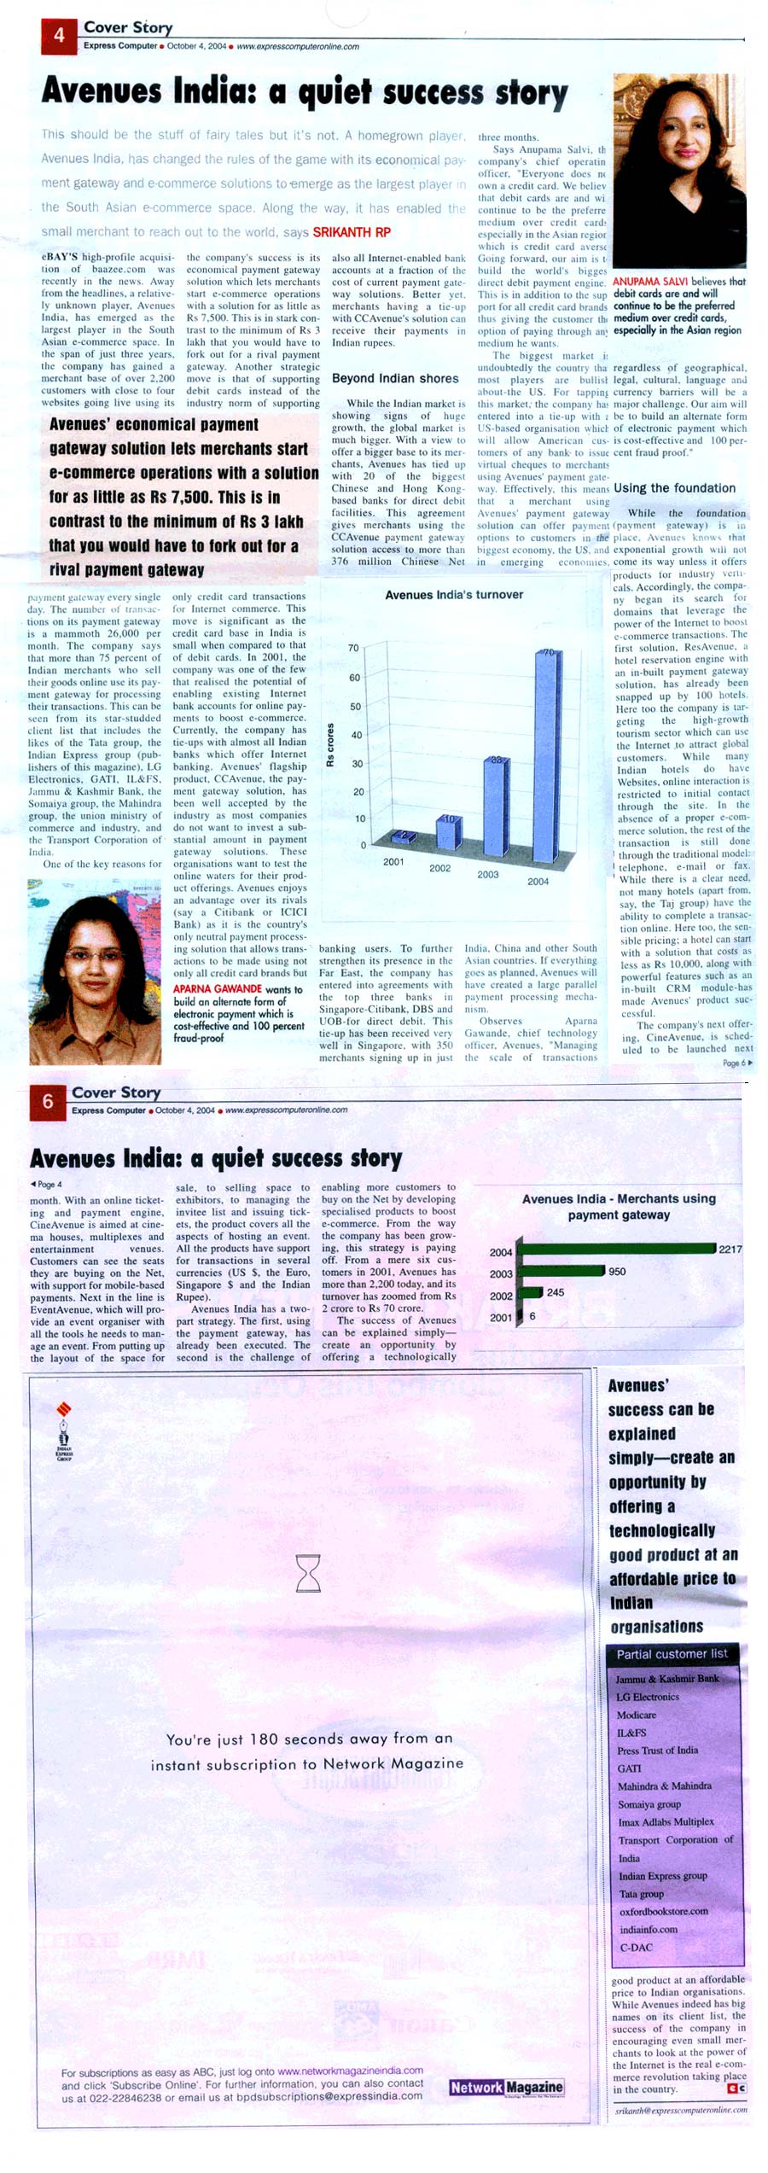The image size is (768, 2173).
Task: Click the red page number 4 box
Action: coord(59,36)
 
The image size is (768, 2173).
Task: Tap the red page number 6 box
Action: coord(48,1102)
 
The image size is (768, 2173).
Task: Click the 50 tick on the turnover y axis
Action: coord(354,707)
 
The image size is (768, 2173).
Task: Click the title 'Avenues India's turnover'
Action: coord(454,595)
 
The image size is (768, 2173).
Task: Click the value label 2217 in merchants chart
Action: coord(730,1250)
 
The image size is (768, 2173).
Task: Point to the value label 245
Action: coord(556,1293)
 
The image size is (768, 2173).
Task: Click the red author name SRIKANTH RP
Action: coord(352,232)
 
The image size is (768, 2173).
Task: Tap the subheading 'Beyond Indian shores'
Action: coord(395,378)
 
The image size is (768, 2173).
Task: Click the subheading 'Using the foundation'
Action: coord(674,488)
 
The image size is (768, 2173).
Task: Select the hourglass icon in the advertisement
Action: coord(308,1572)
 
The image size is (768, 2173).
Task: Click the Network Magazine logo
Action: coord(507,2088)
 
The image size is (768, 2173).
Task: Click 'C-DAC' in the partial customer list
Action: coord(637,1948)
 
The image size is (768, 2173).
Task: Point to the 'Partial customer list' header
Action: coord(672,1654)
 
